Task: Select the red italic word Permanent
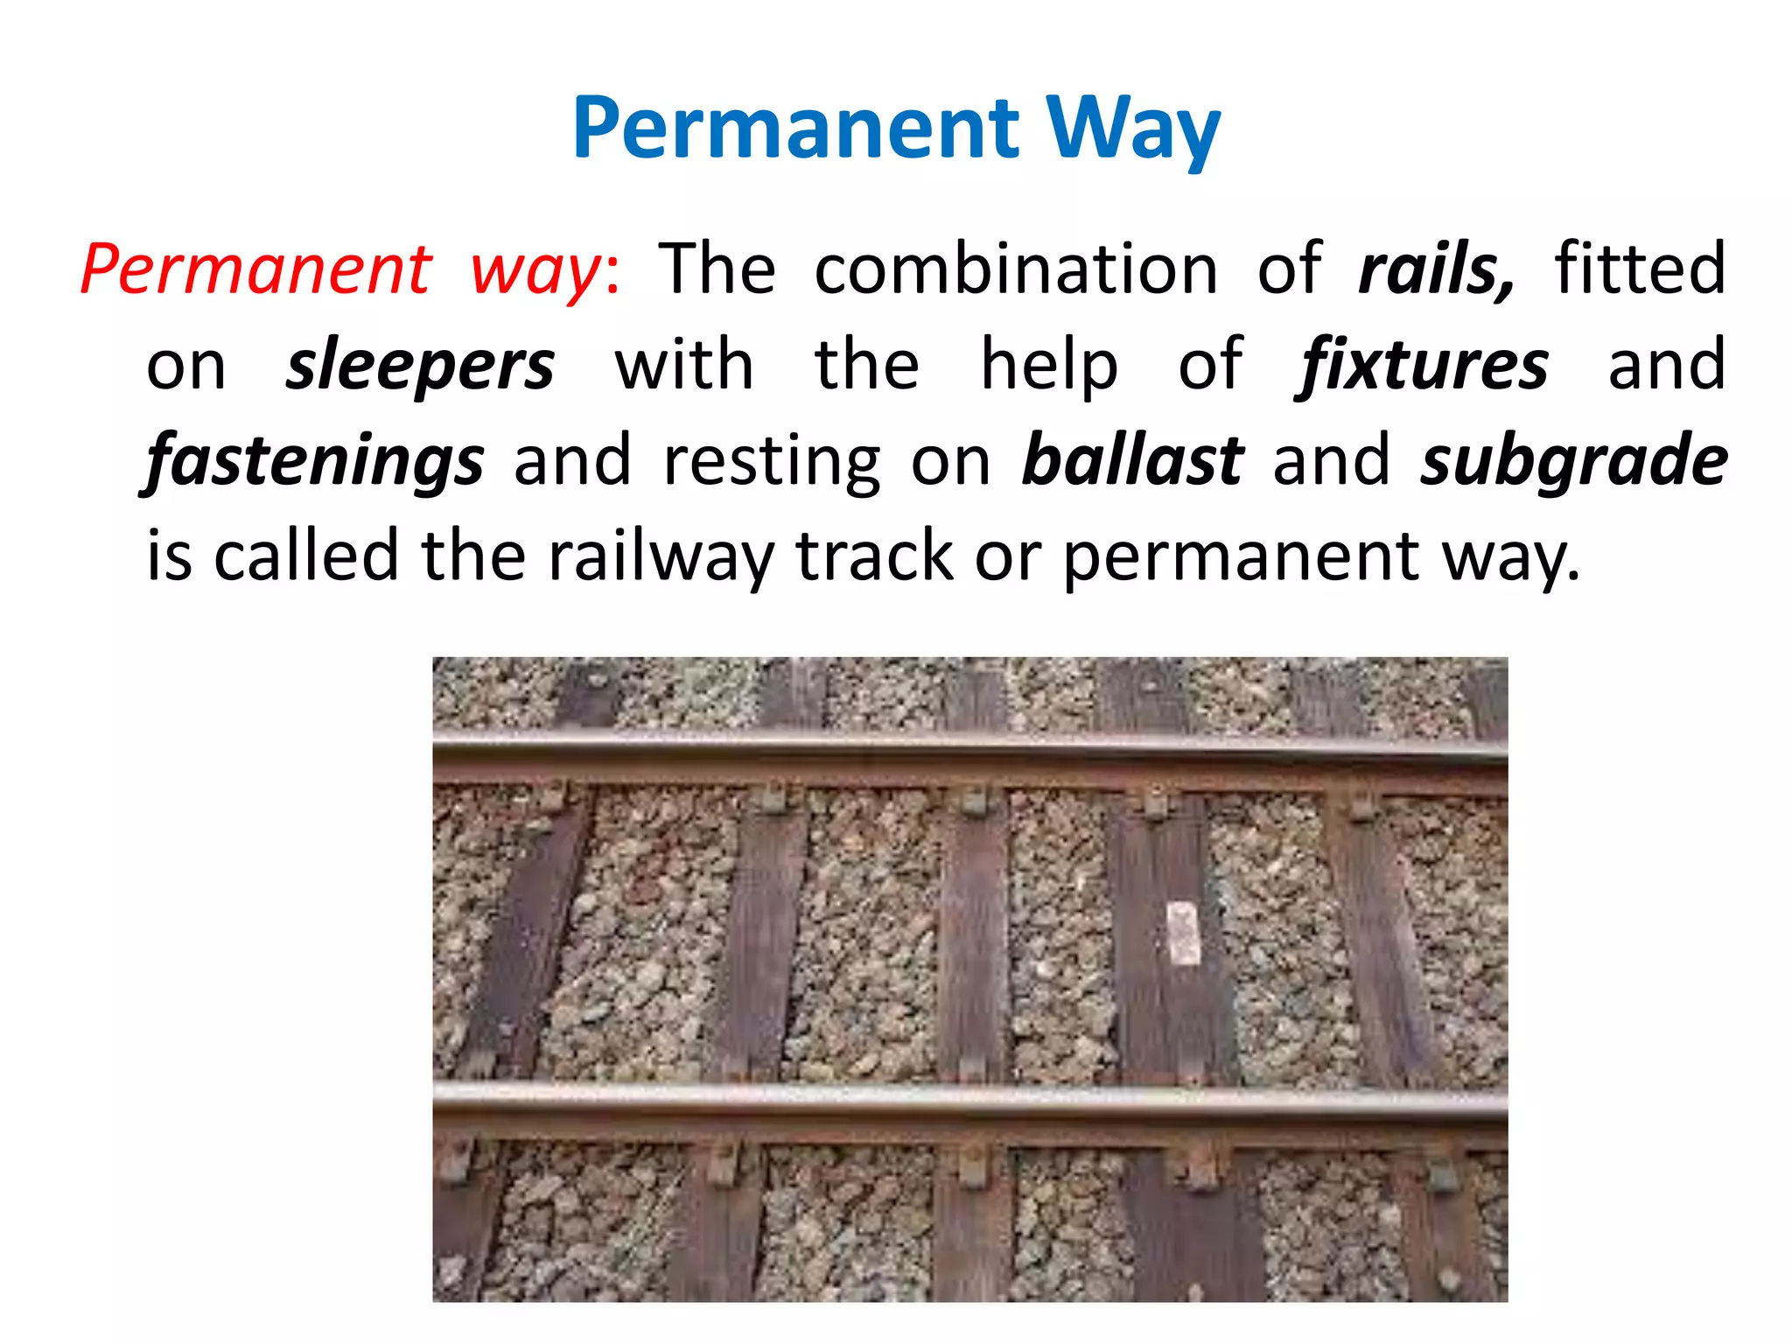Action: click(x=255, y=269)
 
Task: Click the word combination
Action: click(x=1016, y=269)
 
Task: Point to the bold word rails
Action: click(x=1435, y=269)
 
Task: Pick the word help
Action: click(x=1048, y=366)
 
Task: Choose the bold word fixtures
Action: click(x=1421, y=366)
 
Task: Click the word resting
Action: click(x=772, y=462)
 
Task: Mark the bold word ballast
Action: click(x=1132, y=460)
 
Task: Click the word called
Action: click(x=306, y=556)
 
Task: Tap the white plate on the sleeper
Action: click(x=1183, y=934)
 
